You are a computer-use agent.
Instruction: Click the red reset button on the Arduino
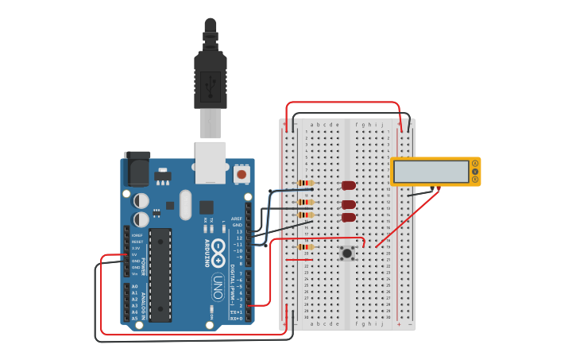(241, 172)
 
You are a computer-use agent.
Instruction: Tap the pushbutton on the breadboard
(347, 254)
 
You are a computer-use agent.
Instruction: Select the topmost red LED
(349, 185)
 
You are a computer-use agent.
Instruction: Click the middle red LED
(349, 204)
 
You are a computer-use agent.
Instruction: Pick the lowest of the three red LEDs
(349, 217)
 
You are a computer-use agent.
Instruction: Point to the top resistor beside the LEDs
(305, 183)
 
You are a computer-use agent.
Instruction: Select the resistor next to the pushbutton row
(304, 247)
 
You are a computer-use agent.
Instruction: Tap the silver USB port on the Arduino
(211, 162)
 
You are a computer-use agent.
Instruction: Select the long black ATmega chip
(160, 275)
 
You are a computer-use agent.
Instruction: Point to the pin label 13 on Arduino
(239, 231)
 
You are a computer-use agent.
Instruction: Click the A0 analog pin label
(134, 286)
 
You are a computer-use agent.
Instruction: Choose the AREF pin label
(237, 219)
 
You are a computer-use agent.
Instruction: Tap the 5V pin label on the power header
(136, 254)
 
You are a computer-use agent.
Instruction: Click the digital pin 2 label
(241, 305)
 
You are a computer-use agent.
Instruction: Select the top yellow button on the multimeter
(475, 164)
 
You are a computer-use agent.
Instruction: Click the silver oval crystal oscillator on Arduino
(186, 204)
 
